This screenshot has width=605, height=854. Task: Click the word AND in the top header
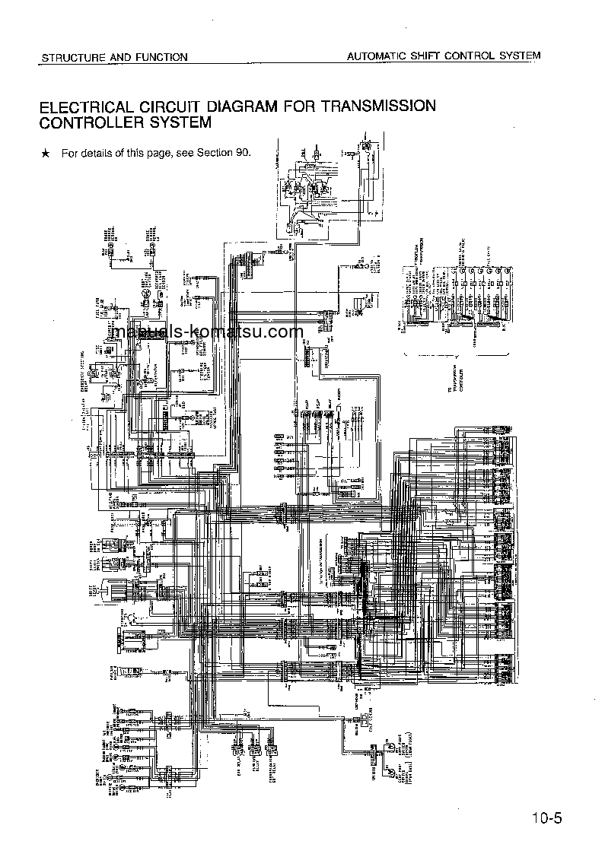click(111, 57)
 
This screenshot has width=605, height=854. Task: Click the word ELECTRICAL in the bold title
click(88, 106)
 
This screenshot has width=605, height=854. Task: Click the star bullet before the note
click(46, 154)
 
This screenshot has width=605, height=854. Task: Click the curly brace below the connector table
click(454, 356)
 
